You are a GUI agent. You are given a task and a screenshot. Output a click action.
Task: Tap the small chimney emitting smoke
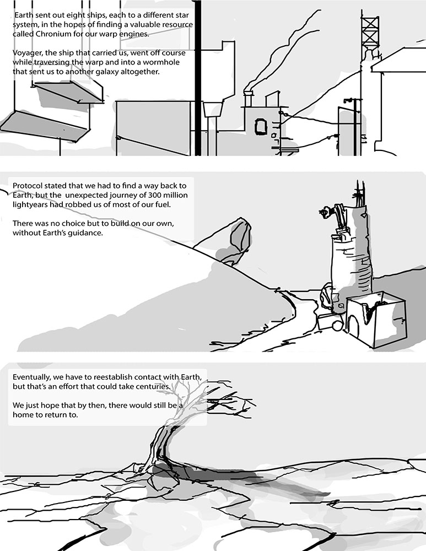[248, 99]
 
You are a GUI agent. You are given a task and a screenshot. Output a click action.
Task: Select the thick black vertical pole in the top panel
[198, 78]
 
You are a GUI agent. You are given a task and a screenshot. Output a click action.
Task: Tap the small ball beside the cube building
[337, 326]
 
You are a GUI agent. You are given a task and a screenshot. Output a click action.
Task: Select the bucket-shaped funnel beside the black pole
[212, 109]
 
